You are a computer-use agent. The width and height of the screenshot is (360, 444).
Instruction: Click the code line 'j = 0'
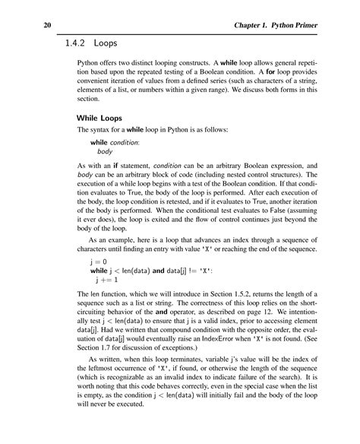pyautogui.click(x=99, y=260)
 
